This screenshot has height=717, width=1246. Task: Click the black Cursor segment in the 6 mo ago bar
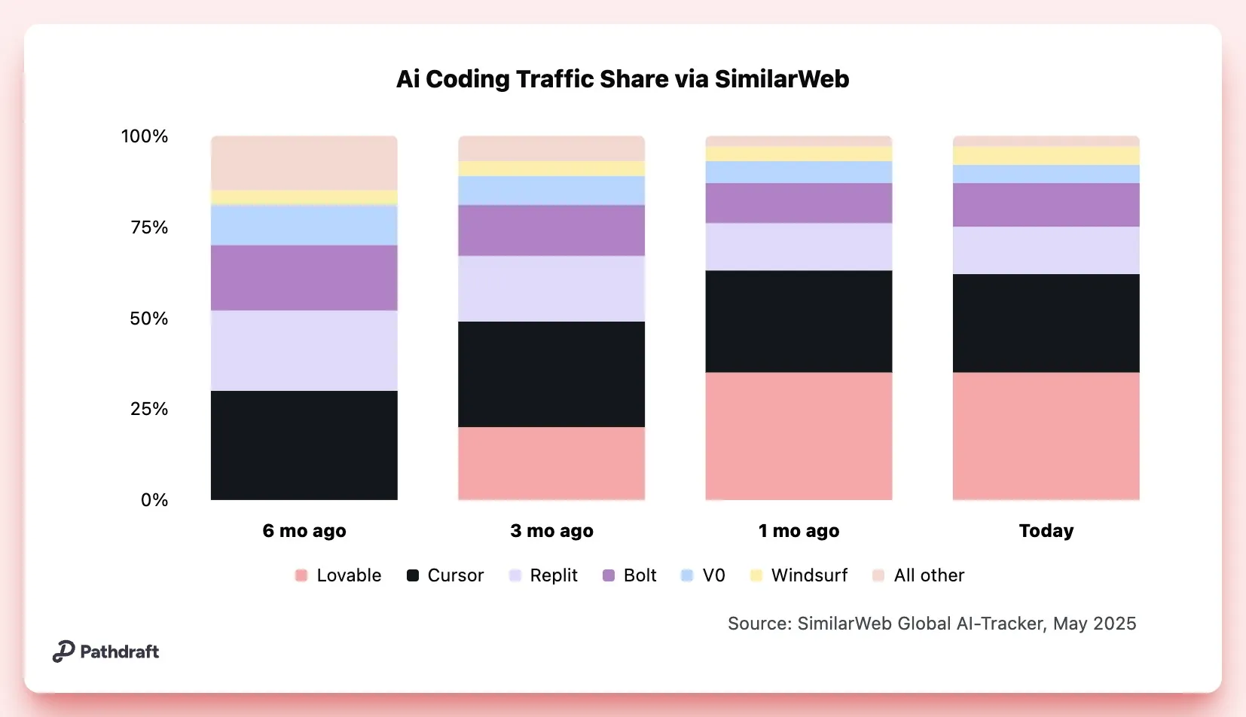(304, 444)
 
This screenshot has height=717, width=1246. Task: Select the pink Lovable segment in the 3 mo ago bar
(551, 462)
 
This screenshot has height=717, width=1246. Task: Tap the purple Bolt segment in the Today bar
(1046, 205)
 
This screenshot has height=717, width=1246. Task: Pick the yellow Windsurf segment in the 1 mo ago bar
(799, 154)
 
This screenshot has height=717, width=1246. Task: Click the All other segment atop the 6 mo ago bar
(304, 163)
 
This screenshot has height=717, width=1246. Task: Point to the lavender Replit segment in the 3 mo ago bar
(551, 288)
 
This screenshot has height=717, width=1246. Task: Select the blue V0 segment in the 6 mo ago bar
(304, 224)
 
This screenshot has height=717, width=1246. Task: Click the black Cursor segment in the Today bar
(1046, 323)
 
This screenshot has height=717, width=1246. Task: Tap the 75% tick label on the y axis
(149, 227)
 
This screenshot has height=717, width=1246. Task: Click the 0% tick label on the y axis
(154, 500)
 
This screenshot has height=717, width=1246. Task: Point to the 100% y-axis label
(145, 136)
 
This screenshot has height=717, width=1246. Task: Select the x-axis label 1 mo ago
(799, 531)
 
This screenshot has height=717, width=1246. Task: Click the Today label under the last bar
(1046, 531)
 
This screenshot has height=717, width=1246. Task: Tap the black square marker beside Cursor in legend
(413, 575)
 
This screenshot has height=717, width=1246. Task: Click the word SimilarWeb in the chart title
(781, 79)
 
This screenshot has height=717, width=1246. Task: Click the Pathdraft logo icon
(63, 651)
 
